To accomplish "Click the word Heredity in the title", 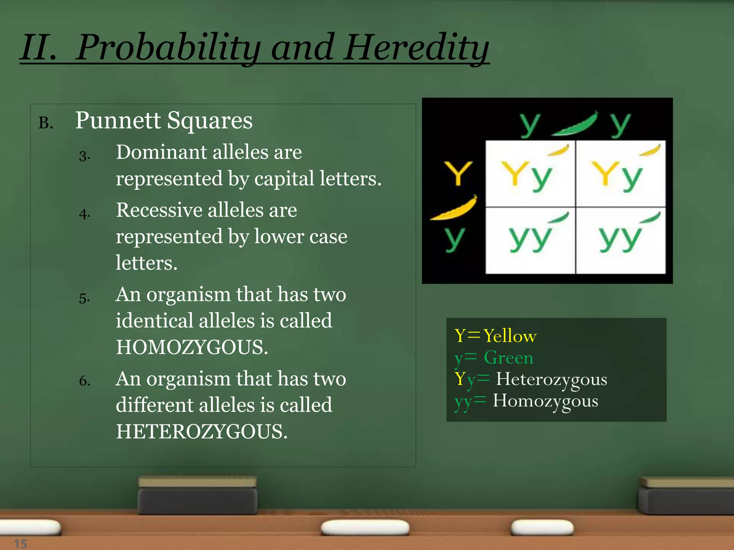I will (x=416, y=47).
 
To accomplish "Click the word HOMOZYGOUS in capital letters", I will (x=192, y=347).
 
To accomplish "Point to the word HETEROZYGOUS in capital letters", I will (x=201, y=431).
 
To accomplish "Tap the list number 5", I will (x=84, y=298).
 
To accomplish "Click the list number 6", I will (x=84, y=381).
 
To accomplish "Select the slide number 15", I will (x=20, y=544).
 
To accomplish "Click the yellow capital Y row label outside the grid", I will (x=458, y=173).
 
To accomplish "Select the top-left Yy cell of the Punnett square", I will (x=530, y=173).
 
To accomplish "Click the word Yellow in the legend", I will (x=510, y=336).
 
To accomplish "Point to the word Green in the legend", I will (x=509, y=357).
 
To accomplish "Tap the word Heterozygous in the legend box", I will (x=552, y=379).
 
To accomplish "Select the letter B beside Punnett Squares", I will (x=45, y=123).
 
